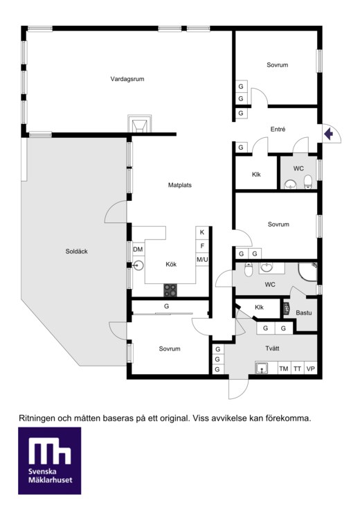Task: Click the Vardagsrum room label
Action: [x=127, y=79]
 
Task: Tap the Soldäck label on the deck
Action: [x=76, y=251]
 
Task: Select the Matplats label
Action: [x=180, y=185]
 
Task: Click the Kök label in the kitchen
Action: [x=171, y=264]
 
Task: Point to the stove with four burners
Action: [x=170, y=290]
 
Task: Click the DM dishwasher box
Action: [x=138, y=249]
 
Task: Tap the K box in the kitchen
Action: [x=202, y=232]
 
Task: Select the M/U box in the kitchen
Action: [x=202, y=259]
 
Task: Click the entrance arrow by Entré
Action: [x=328, y=134]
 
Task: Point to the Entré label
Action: [x=278, y=130]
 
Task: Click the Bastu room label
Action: [x=303, y=312]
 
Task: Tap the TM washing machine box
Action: [x=284, y=369]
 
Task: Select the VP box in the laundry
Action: [x=311, y=369]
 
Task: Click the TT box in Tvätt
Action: [x=297, y=369]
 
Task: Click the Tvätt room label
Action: [x=272, y=348]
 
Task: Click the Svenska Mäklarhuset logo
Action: [x=49, y=461]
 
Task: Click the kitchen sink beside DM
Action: [x=138, y=265]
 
